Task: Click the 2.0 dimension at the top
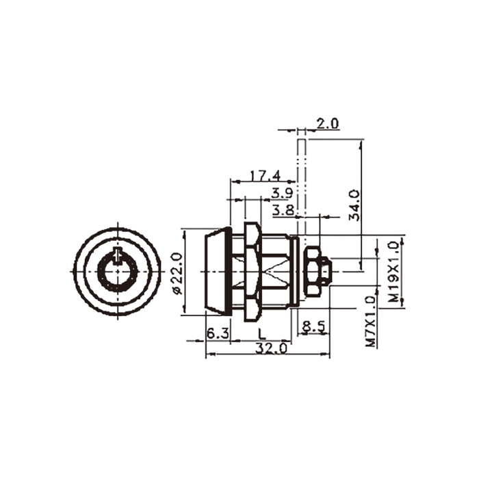point(327,124)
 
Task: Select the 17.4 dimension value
point(266,176)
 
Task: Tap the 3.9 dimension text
point(283,193)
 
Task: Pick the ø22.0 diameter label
point(177,274)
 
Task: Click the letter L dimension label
point(261,334)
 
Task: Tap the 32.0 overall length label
point(271,348)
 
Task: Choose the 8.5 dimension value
point(313,327)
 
